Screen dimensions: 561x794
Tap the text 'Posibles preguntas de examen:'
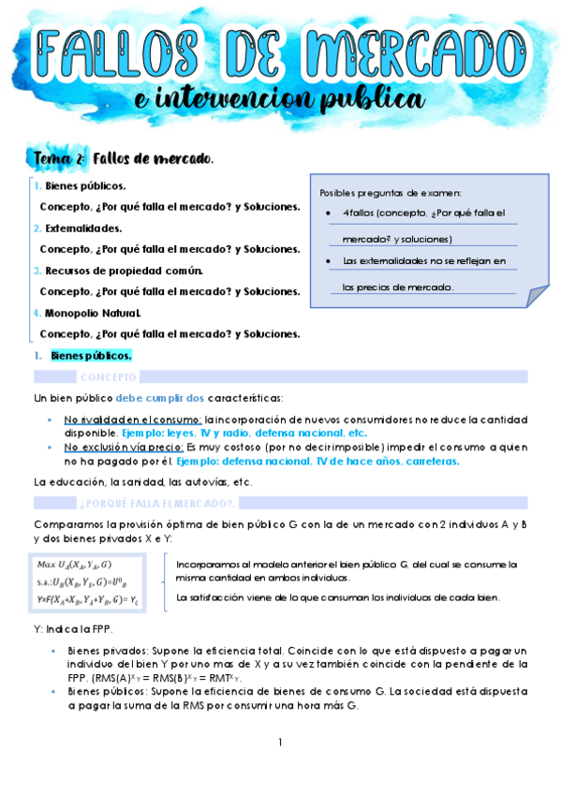pyautogui.click(x=391, y=193)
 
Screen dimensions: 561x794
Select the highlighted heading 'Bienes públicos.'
pyautogui.click(x=91, y=356)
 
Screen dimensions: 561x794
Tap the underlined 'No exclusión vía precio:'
pyautogui.click(x=125, y=448)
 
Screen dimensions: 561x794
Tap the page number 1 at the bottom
pyautogui.click(x=279, y=743)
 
